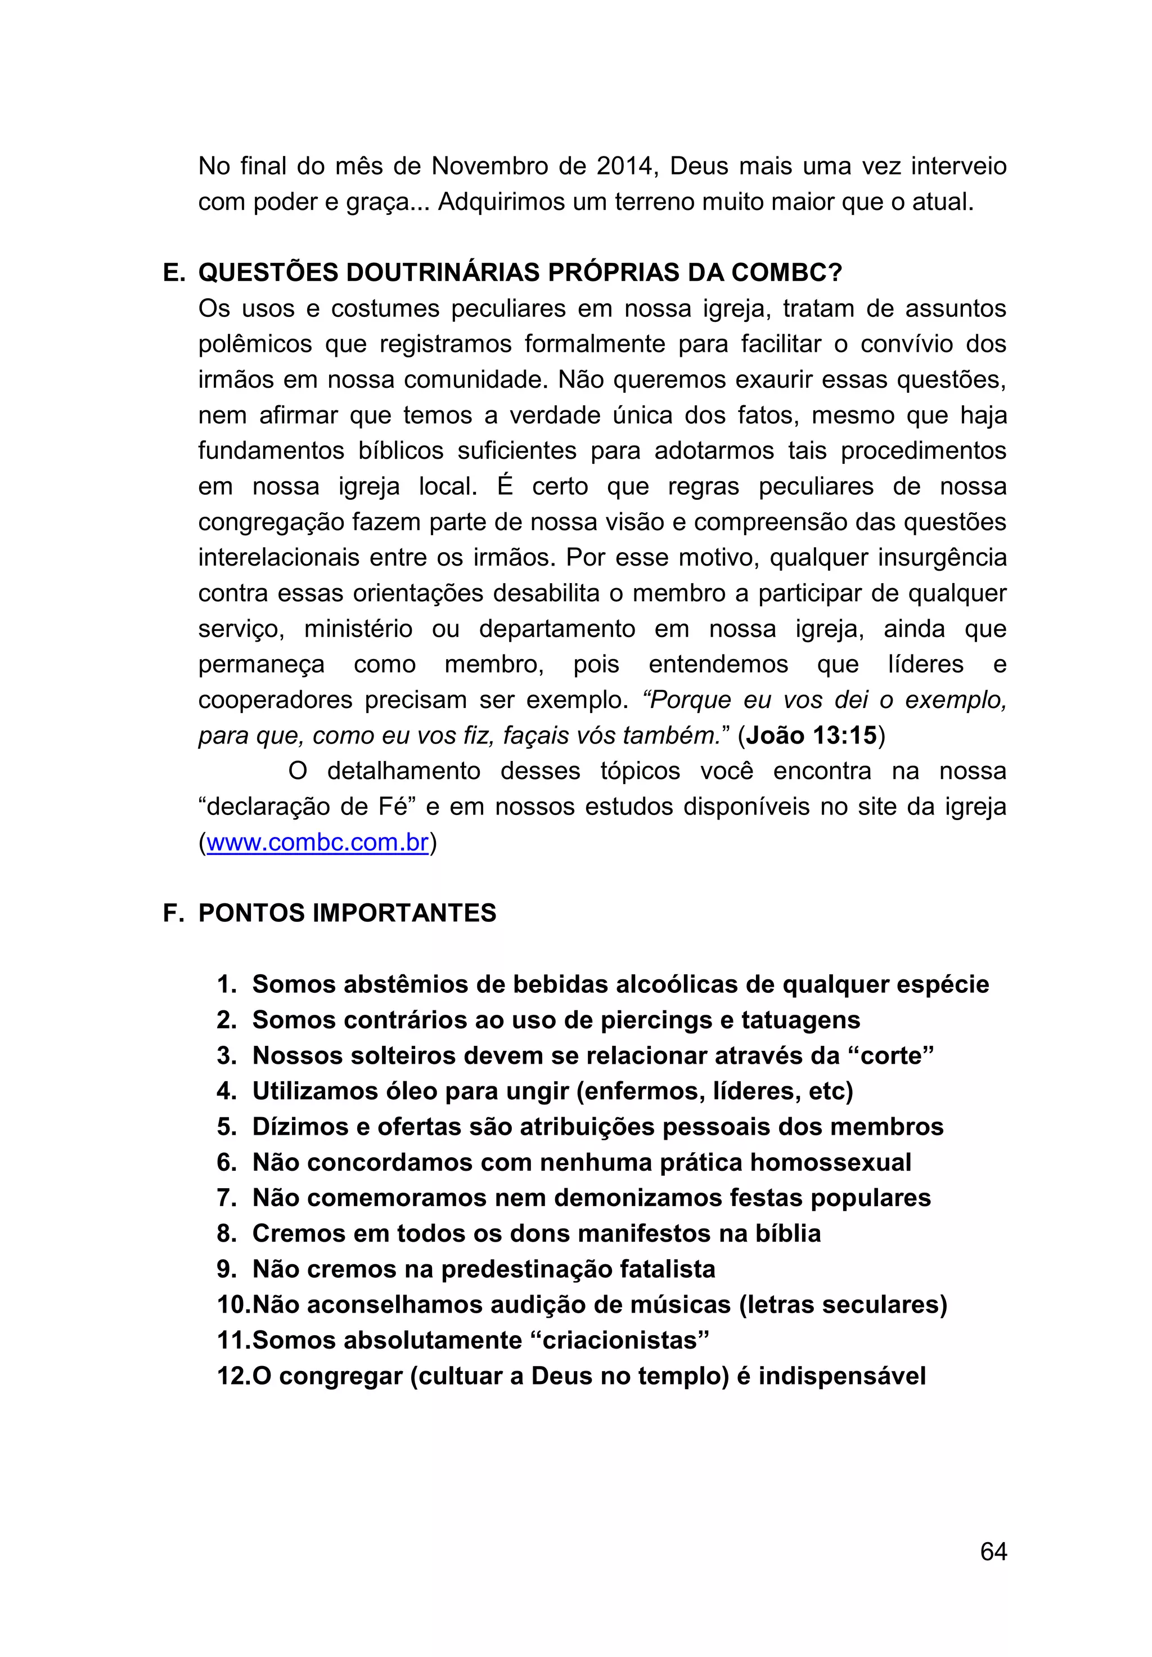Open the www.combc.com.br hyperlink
(317, 842)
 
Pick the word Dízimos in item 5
(299, 1127)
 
